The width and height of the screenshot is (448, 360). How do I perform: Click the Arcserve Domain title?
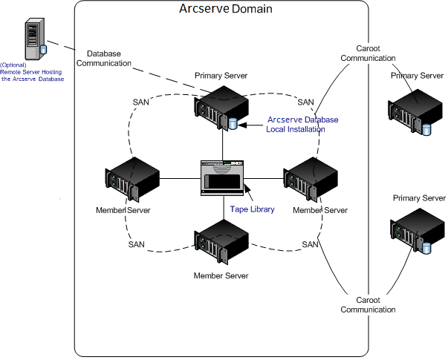point(226,10)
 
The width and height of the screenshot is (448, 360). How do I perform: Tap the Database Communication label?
point(109,59)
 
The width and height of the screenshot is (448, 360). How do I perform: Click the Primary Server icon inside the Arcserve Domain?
point(221,108)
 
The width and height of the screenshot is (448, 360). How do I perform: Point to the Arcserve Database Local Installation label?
point(302,124)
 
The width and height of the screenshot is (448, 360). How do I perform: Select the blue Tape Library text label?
point(252,209)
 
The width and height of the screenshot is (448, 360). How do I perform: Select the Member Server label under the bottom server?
point(221,275)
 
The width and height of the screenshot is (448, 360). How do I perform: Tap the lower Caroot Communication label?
point(368,304)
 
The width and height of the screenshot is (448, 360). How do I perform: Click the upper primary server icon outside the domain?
point(409,111)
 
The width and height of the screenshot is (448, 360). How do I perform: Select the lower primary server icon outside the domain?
point(411,233)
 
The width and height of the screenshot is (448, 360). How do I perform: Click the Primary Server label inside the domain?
point(221,76)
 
